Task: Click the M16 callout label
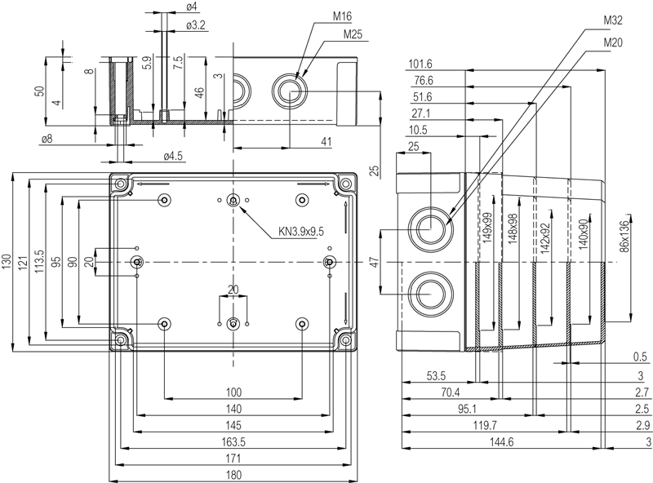[343, 16]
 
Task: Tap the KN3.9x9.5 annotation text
[301, 232]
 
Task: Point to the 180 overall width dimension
[233, 475]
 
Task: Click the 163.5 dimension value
[233, 441]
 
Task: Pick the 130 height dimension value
[7, 262]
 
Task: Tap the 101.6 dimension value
[421, 64]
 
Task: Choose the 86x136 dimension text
[625, 236]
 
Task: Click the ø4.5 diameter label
[173, 155]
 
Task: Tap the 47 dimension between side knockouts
[374, 262]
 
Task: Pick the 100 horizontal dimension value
[233, 392]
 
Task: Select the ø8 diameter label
[46, 139]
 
